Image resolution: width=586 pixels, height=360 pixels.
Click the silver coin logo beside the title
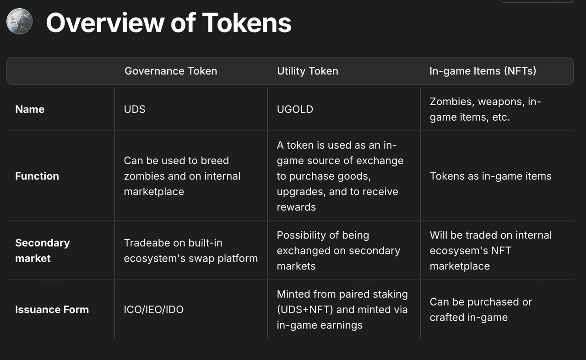(x=20, y=21)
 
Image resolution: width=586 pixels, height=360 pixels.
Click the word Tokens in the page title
(x=247, y=23)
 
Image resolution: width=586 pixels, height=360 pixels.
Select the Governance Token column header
(x=171, y=71)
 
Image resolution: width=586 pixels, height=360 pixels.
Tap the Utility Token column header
(x=308, y=71)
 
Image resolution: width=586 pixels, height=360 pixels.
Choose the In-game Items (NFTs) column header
(x=483, y=71)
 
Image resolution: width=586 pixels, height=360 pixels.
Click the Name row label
(x=30, y=109)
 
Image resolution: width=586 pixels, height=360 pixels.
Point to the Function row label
(x=37, y=176)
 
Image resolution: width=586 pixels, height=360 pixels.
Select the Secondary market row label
(x=43, y=251)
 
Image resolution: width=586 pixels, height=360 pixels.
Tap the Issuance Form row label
(x=52, y=310)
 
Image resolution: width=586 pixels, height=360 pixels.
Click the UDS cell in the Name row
(x=135, y=109)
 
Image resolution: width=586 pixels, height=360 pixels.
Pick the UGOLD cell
(x=295, y=109)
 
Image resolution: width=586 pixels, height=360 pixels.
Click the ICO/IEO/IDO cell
(x=153, y=310)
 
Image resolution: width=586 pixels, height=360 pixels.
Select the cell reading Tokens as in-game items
(x=490, y=176)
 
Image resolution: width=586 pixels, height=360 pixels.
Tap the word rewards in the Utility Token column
(x=296, y=207)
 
